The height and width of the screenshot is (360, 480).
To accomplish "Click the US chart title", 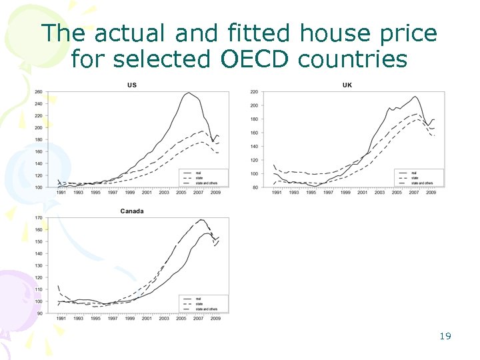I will click(x=132, y=85).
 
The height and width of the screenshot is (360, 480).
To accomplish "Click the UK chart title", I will click(x=347, y=85).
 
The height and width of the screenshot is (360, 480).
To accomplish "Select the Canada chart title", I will click(x=132, y=211).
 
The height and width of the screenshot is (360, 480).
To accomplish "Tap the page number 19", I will click(x=445, y=336).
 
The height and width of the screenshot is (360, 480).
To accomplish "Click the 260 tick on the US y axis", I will click(x=38, y=92).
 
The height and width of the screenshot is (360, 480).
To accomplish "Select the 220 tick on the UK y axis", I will click(x=253, y=92).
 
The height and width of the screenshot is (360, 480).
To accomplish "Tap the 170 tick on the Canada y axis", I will click(x=38, y=218).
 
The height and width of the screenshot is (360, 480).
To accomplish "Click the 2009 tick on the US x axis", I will click(x=216, y=193).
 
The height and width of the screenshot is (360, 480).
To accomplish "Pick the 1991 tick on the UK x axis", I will click(x=275, y=193).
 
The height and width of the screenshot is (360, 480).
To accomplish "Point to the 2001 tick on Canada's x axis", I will click(x=147, y=319).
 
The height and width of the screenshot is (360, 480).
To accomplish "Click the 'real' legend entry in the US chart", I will click(x=199, y=172).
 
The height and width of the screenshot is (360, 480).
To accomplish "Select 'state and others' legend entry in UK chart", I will click(x=421, y=183).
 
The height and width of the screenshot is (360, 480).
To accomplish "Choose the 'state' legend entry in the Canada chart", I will click(x=198, y=303).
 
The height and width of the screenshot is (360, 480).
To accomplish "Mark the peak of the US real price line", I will click(x=189, y=93).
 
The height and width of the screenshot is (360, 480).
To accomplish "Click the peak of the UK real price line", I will click(x=415, y=97).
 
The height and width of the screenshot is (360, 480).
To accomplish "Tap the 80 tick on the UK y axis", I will click(x=255, y=187).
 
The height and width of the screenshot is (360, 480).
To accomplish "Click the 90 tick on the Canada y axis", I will click(x=39, y=313).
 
